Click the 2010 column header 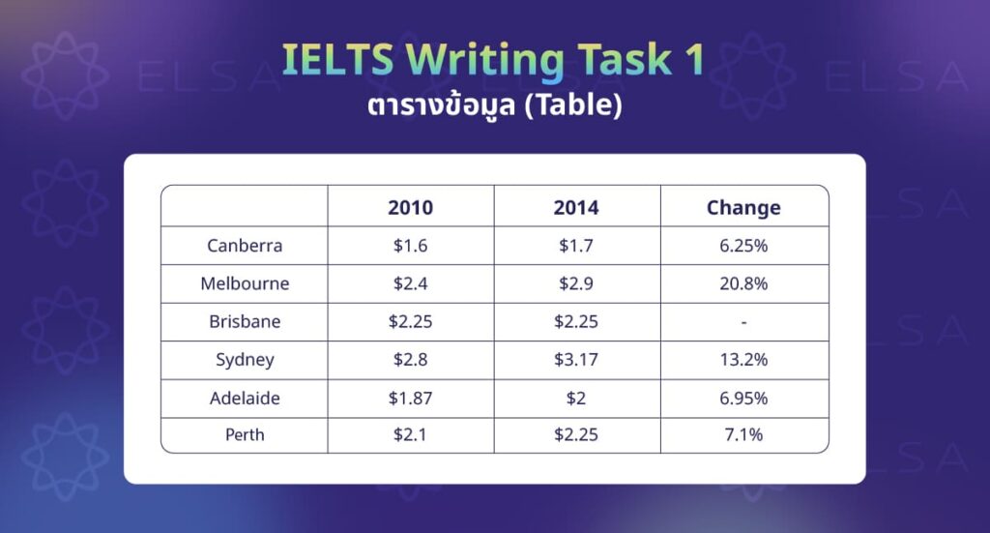(410, 207)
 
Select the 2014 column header (576, 207)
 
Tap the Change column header (743, 207)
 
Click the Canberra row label (245, 246)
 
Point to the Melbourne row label (245, 284)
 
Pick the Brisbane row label (245, 322)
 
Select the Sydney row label (245, 360)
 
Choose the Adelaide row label (245, 398)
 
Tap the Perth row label (245, 435)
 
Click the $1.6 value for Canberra (410, 246)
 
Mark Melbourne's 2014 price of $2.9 (576, 284)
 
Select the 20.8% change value (743, 284)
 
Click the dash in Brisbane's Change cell (743, 322)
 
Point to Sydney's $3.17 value (576, 360)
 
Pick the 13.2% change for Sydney (743, 360)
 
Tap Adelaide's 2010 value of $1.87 (410, 398)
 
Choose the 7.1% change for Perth (743, 435)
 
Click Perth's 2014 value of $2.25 (576, 435)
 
